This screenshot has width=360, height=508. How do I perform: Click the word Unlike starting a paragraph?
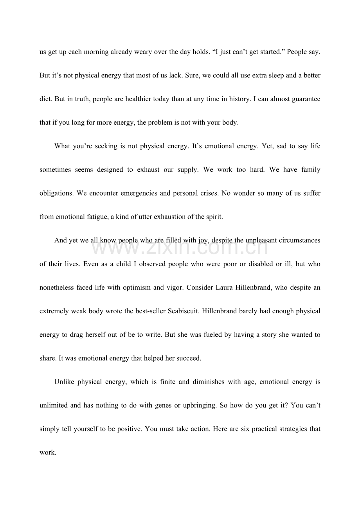pos(64,382)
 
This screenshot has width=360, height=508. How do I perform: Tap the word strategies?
pos(288,429)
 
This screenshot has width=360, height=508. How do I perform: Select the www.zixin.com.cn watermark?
pos(180,247)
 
